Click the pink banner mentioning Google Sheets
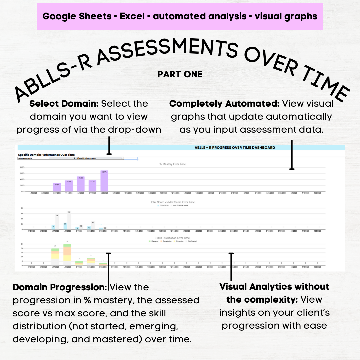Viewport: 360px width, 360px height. pyautogui.click(x=180, y=16)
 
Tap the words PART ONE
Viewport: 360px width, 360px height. pyautogui.click(x=180, y=74)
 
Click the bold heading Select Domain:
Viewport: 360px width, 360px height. pyautogui.click(x=64, y=104)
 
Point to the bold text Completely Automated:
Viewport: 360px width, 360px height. pyautogui.click(x=224, y=104)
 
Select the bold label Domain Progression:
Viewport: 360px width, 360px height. pyautogui.click(x=60, y=287)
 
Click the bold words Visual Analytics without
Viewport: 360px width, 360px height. pyautogui.click(x=274, y=287)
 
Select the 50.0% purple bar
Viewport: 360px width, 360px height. pyautogui.click(x=81, y=184)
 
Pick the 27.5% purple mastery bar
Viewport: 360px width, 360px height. pyautogui.click(x=57, y=187)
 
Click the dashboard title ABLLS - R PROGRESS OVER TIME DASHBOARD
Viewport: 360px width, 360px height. pyautogui.click(x=235, y=148)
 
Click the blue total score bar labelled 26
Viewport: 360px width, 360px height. pyautogui.click(x=65, y=226)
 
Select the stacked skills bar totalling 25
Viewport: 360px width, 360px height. pyautogui.click(x=67, y=255)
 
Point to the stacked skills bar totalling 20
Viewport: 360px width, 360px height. pyautogui.click(x=55, y=257)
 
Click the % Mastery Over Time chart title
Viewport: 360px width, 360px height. pyautogui.click(x=173, y=164)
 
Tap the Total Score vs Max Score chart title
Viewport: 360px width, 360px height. pyautogui.click(x=173, y=202)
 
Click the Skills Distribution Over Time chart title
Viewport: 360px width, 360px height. pyautogui.click(x=173, y=238)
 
